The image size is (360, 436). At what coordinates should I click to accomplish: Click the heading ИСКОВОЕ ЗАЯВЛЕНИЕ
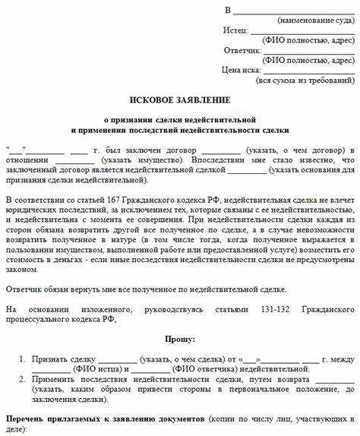pos(180,100)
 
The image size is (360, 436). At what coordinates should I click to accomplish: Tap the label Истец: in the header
pos(235,30)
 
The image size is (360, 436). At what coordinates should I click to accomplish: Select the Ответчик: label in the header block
pos(242,49)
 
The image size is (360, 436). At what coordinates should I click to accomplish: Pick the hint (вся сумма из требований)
pos(305,79)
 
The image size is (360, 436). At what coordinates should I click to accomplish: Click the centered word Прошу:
pos(180,317)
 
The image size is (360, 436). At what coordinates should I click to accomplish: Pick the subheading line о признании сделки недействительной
pos(180,120)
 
